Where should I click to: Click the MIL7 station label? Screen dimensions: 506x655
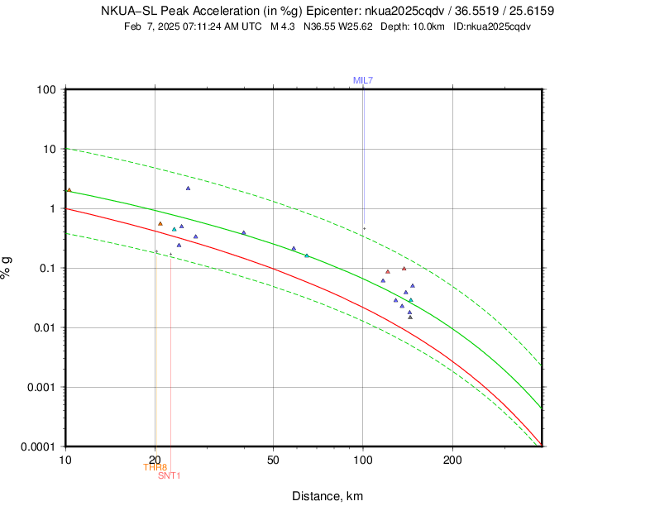click(363, 80)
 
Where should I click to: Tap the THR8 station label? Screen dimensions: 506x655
click(155, 467)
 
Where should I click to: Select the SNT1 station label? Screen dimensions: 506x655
click(169, 475)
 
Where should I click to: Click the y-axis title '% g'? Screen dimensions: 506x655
click(7, 267)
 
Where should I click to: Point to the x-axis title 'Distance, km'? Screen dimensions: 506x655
click(327, 496)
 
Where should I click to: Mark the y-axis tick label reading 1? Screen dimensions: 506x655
click(52, 208)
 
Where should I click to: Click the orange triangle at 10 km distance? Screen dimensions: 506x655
click(69, 189)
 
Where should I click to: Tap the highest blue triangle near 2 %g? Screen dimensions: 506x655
click(188, 188)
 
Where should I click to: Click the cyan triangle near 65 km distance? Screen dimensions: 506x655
click(306, 255)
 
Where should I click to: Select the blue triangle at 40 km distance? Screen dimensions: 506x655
click(243, 232)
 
